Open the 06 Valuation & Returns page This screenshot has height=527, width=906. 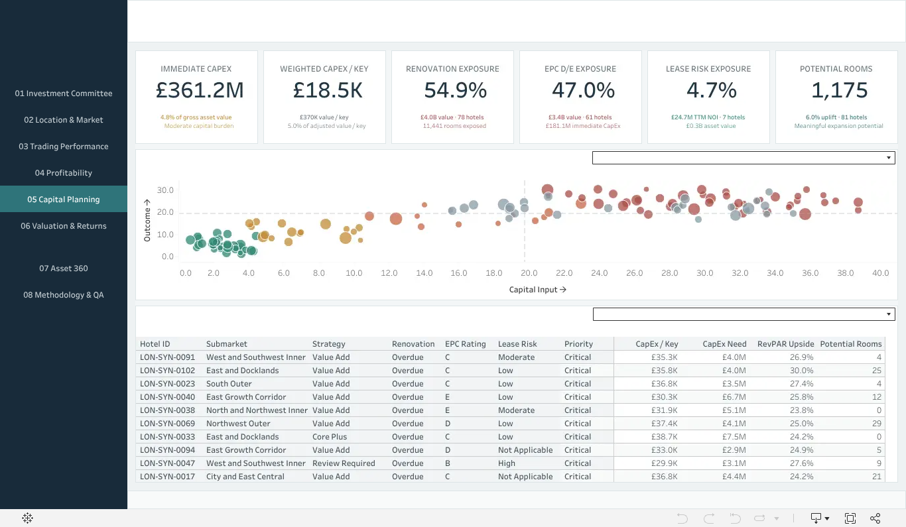[64, 226]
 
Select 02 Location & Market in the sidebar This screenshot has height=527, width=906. [64, 119]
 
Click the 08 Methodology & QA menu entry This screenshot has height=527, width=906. [64, 294]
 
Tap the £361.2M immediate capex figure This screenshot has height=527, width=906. [200, 90]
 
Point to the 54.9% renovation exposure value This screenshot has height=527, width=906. [456, 90]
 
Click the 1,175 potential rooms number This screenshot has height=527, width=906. [840, 90]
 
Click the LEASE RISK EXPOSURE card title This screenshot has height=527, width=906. [708, 69]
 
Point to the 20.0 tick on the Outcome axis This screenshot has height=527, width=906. [165, 212]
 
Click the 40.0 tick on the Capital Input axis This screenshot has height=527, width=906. [881, 273]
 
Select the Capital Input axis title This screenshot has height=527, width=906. [537, 290]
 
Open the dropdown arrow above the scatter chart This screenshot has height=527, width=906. [889, 158]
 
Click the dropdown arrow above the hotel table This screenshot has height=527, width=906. [889, 314]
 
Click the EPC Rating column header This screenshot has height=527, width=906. [465, 344]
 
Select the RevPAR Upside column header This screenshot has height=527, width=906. [785, 344]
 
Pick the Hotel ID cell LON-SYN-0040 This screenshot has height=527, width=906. [167, 397]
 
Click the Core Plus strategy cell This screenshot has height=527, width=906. [330, 436]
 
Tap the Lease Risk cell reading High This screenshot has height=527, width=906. [506, 463]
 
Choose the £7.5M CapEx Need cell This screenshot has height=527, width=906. [734, 436]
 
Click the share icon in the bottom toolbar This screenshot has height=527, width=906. [875, 518]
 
